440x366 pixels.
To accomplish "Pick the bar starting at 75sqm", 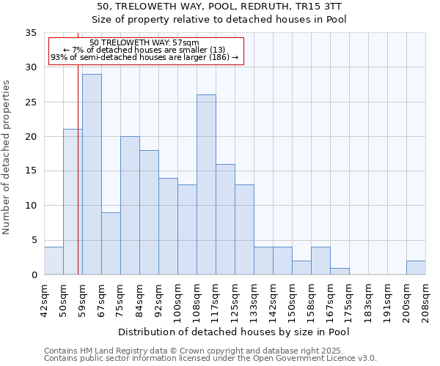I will pyautogui.click(x=130, y=205).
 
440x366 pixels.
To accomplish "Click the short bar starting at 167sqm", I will pyautogui.click(x=340, y=272).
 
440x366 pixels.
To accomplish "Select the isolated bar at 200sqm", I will pyautogui.click(x=416, y=268).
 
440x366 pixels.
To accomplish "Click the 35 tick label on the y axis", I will pyautogui.click(x=31, y=33).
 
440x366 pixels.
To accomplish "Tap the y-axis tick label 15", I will pyautogui.click(x=31, y=171).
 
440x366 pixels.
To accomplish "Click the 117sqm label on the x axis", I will pyautogui.click(x=216, y=299).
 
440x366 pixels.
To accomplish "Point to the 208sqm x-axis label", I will pyautogui.click(x=425, y=299).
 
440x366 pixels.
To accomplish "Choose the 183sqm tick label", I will pyautogui.click(x=368, y=299).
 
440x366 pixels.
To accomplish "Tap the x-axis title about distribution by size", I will pyautogui.click(x=233, y=332).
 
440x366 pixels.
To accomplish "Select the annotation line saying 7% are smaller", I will pyautogui.click(x=145, y=50).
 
